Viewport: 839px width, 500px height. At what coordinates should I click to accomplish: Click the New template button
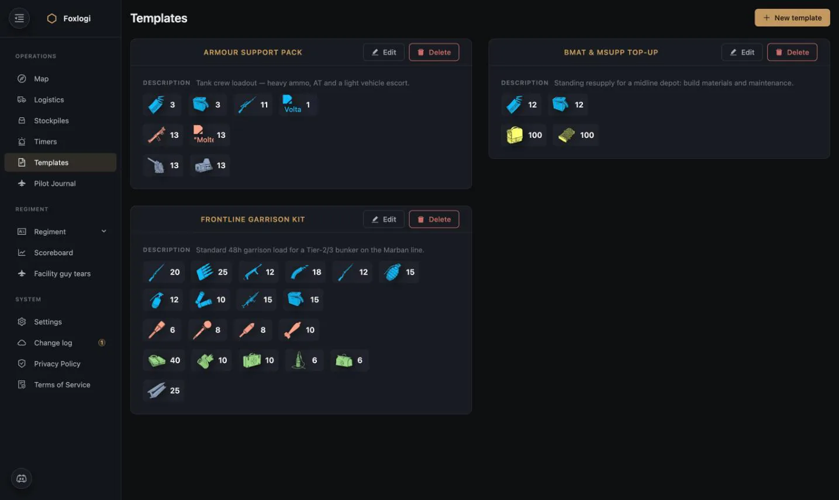click(792, 18)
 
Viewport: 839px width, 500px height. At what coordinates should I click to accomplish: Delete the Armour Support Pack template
click(434, 52)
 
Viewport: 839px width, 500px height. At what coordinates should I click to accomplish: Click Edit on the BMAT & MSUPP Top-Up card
click(741, 52)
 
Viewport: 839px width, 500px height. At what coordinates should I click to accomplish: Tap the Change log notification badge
click(102, 342)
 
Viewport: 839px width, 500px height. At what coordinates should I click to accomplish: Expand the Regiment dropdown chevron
click(103, 231)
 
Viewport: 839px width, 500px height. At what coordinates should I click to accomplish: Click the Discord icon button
click(22, 478)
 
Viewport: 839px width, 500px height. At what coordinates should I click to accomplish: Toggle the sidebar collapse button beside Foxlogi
click(19, 18)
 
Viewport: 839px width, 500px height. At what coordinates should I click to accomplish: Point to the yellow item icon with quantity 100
click(515, 135)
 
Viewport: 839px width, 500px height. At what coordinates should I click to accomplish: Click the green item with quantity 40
click(157, 360)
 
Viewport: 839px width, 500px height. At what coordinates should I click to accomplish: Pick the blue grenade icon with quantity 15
click(392, 272)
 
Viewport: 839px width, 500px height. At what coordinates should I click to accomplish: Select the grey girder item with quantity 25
click(156, 390)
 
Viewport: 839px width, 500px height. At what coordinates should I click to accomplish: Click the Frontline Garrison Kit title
click(253, 219)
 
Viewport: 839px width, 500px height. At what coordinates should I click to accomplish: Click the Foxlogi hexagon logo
click(51, 18)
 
